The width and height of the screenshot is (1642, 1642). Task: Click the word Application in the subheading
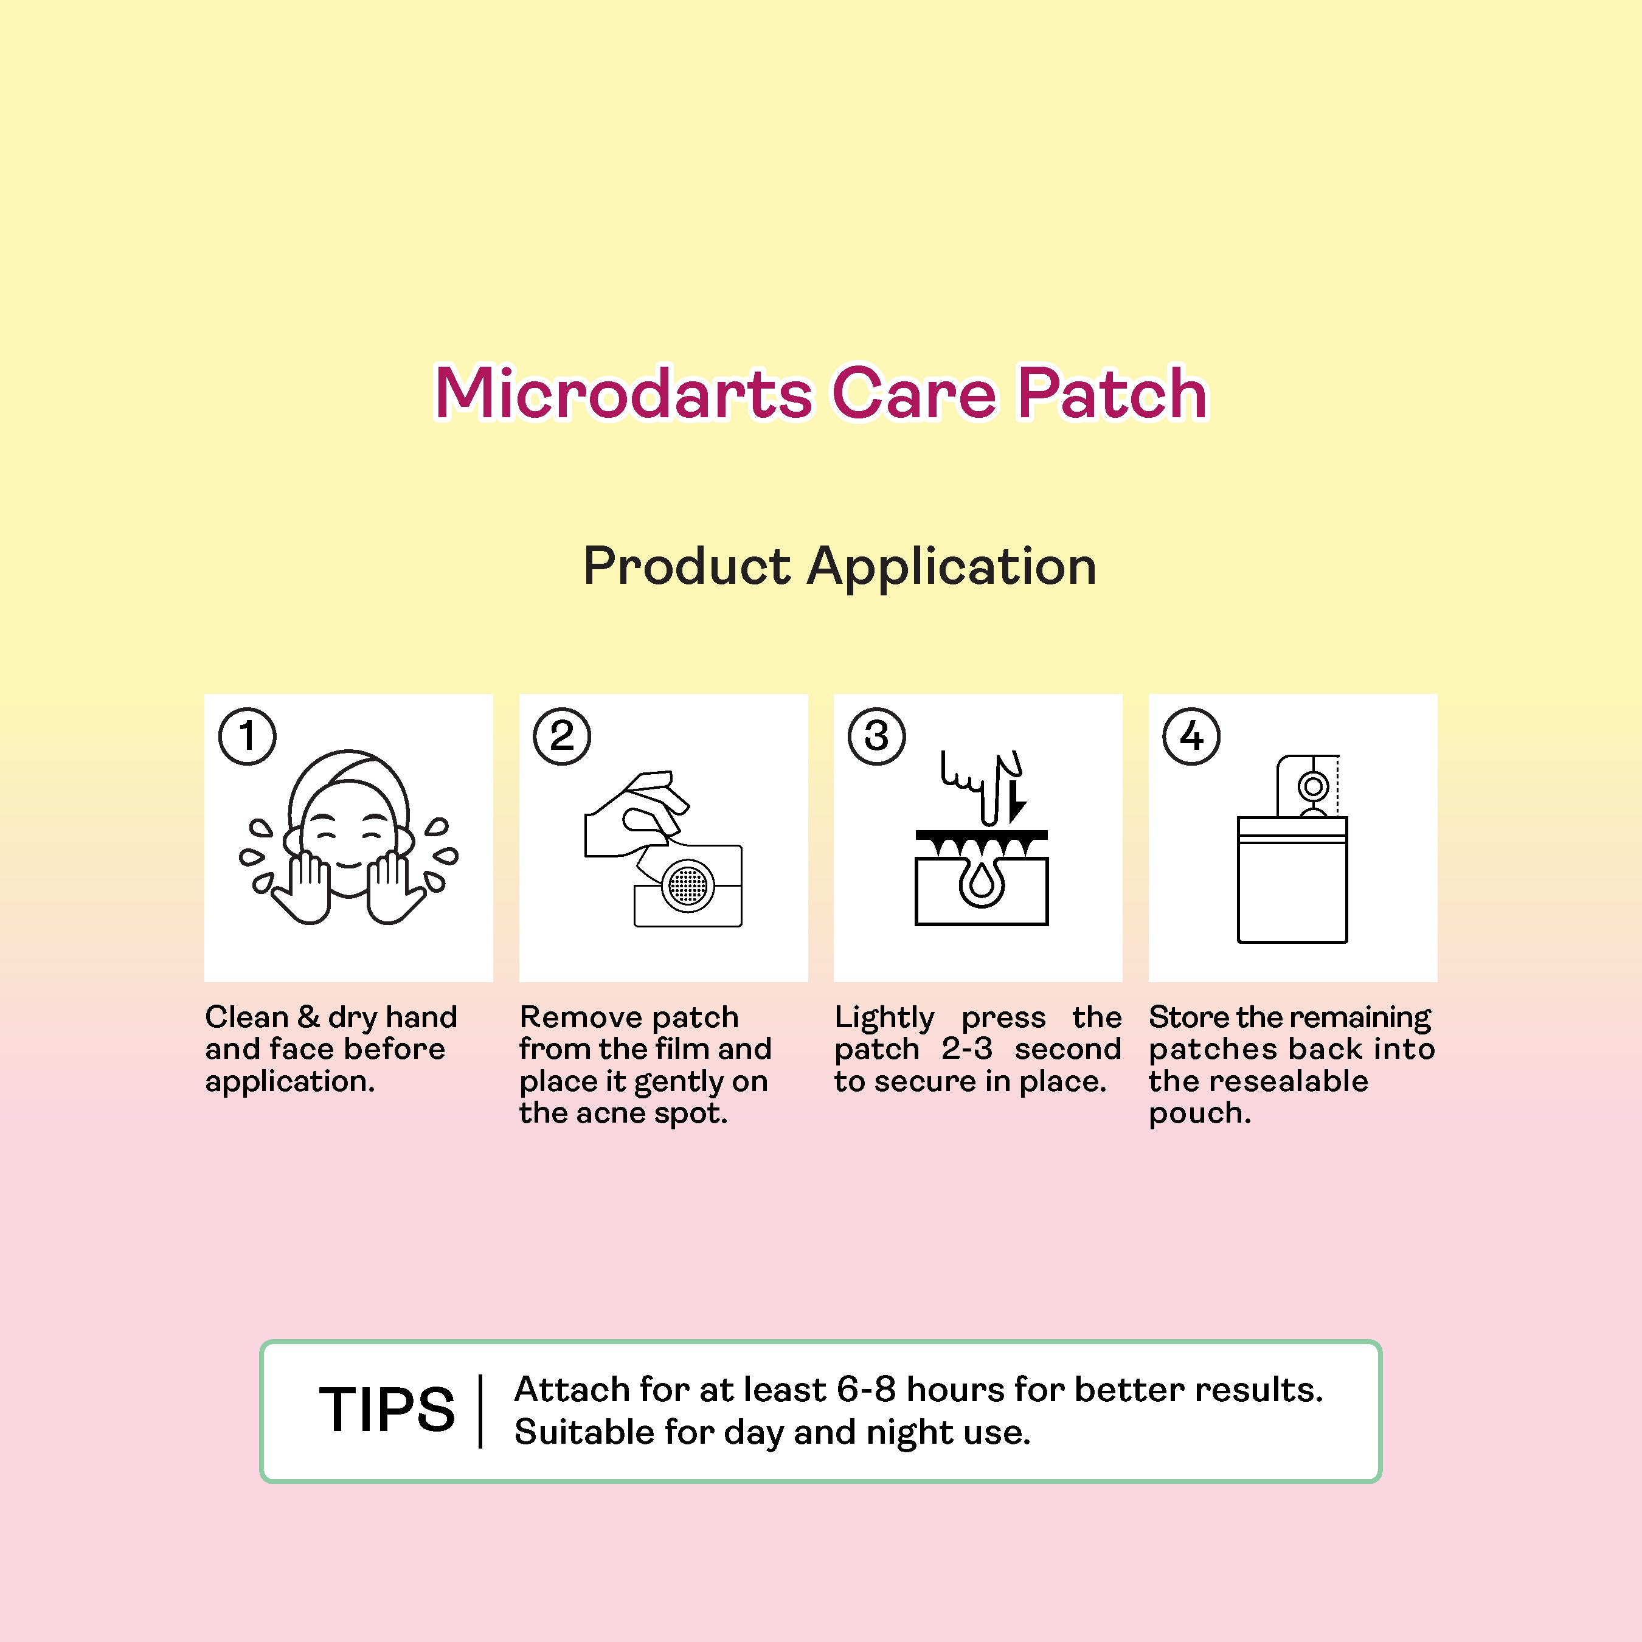[x=951, y=567]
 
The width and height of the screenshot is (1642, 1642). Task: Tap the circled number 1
[x=248, y=736]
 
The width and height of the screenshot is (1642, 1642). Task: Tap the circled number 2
[x=562, y=736]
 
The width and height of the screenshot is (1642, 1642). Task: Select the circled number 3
[x=876, y=736]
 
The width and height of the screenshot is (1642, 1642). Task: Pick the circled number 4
[x=1191, y=736]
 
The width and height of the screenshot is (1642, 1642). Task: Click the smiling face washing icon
[x=348, y=837]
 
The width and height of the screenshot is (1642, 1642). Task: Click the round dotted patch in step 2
[x=688, y=887]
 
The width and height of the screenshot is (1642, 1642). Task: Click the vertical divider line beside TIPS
[x=481, y=1411]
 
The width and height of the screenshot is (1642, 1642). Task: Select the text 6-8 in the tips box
[x=866, y=1390]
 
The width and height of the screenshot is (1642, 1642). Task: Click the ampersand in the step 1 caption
[x=308, y=1017]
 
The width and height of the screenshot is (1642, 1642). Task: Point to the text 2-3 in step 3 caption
[x=966, y=1049]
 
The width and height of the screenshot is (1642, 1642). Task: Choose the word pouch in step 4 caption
[x=1199, y=1114]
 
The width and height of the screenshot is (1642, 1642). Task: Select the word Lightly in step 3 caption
[x=884, y=1017]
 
